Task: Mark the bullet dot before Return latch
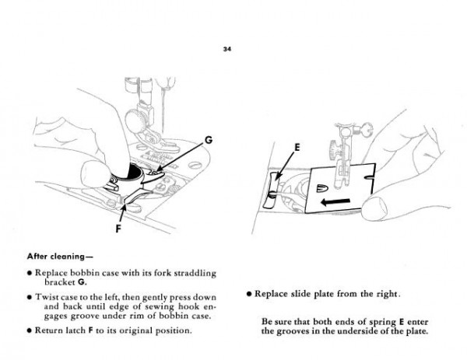click(x=27, y=330)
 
